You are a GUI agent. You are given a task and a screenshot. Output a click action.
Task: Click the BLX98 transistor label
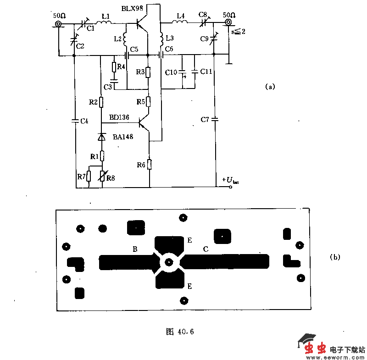133,9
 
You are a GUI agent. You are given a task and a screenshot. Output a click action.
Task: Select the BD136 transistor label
119,118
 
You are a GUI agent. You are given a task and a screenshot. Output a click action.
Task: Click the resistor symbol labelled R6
150,165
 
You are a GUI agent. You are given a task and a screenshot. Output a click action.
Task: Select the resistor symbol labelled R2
101,102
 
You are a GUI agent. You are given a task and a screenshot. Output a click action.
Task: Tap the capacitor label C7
205,120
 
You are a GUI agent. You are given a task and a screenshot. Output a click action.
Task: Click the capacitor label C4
84,121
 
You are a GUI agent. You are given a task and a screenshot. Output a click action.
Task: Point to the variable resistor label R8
111,178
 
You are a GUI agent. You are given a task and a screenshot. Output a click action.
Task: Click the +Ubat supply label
230,180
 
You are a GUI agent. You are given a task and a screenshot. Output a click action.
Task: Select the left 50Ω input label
60,16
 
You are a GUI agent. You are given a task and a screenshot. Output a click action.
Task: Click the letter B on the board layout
135,249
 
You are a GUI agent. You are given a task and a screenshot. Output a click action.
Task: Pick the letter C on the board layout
206,249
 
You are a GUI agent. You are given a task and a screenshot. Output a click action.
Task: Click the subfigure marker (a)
270,86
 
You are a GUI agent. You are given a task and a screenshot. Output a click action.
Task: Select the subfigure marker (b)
335,257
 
